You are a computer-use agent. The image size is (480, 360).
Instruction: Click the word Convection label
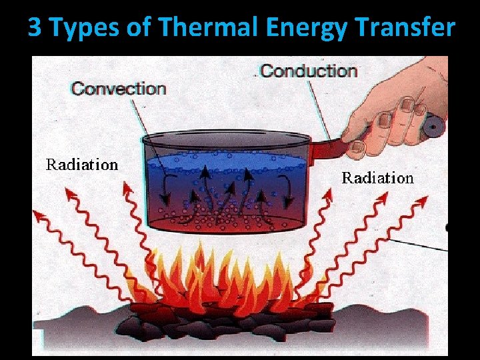tap(119, 89)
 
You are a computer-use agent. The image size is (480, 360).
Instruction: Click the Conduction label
tap(308, 71)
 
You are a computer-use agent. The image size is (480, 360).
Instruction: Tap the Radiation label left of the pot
tap(81, 165)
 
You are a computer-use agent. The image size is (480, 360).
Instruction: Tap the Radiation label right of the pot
tap(378, 178)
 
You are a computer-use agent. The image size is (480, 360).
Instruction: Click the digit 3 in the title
tap(35, 28)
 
